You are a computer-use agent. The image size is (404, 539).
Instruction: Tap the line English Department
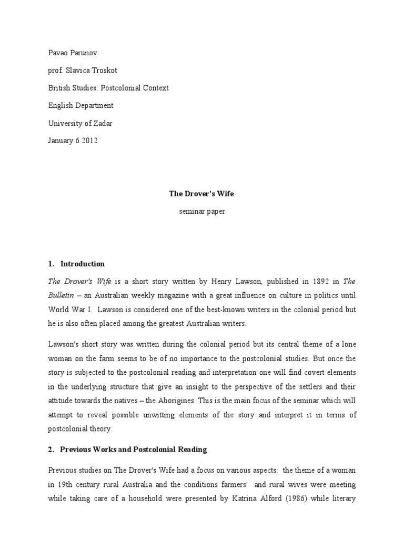coord(80,105)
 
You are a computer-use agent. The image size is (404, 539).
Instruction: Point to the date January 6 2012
coord(73,141)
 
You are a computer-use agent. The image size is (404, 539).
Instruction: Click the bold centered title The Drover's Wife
coord(201,194)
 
